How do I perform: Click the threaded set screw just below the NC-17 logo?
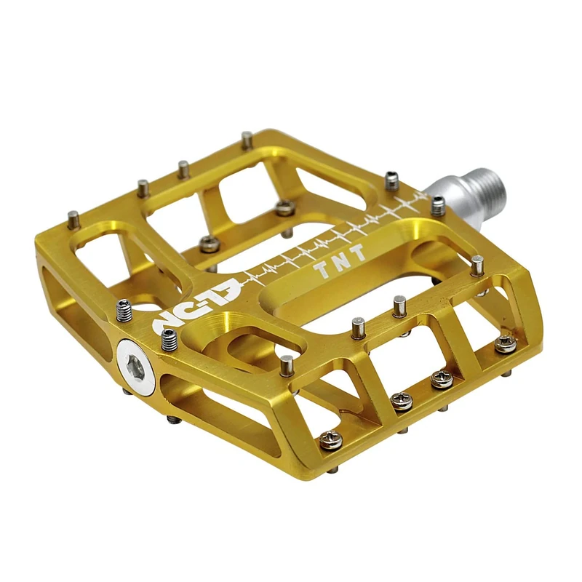[170, 338]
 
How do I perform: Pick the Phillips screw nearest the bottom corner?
[331, 439]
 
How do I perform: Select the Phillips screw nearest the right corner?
[505, 343]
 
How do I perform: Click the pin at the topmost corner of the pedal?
[247, 140]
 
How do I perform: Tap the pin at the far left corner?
[73, 218]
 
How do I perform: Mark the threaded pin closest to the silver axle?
[438, 206]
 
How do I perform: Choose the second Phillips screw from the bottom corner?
[402, 400]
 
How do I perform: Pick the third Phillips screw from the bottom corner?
[441, 379]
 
